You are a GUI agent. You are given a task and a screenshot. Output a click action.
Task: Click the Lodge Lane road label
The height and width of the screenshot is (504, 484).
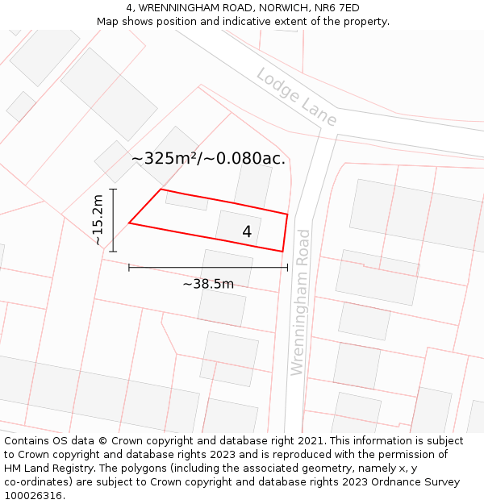(x=296, y=97)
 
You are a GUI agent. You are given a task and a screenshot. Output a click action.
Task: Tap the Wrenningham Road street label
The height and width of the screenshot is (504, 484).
(x=299, y=302)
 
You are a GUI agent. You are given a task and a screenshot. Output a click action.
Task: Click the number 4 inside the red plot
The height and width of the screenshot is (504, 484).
(x=247, y=231)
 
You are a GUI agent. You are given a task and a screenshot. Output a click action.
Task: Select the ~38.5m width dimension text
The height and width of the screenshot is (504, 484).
(x=208, y=284)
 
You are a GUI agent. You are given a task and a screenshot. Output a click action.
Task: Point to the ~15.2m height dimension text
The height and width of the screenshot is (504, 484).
(x=98, y=219)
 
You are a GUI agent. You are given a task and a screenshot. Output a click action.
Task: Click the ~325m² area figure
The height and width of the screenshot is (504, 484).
(x=165, y=158)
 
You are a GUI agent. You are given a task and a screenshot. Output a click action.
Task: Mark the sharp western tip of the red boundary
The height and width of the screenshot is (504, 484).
(x=130, y=223)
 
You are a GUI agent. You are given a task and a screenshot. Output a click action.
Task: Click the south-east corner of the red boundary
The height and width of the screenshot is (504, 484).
(x=282, y=251)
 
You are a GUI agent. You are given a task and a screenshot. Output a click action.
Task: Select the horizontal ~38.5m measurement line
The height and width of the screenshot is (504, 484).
(x=208, y=267)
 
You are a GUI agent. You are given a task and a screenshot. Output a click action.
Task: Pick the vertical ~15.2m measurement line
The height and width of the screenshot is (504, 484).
(x=113, y=219)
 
